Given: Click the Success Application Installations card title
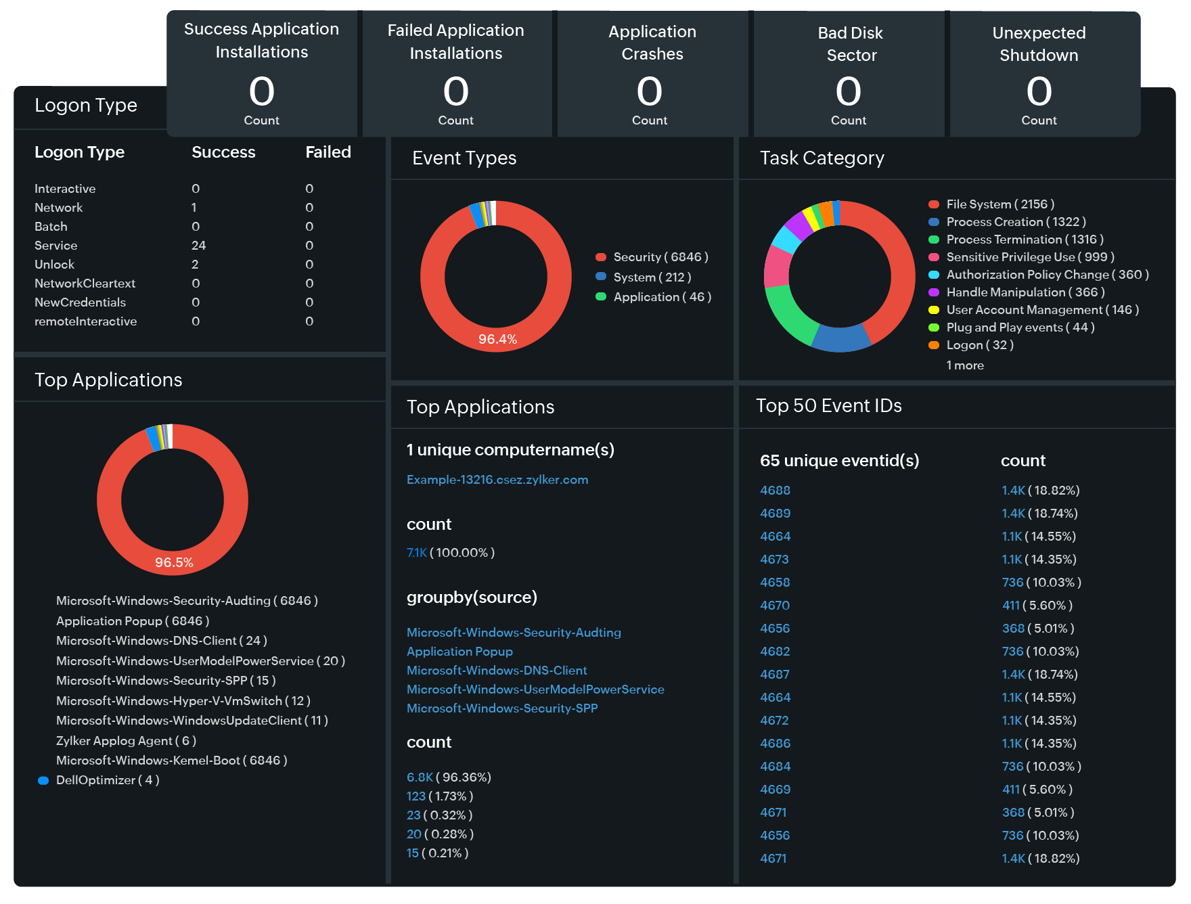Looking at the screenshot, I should click(x=261, y=41).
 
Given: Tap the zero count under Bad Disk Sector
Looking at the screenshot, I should click(x=848, y=92).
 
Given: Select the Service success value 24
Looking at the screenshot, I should click(x=198, y=246).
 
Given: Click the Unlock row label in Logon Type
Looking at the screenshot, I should click(x=54, y=265).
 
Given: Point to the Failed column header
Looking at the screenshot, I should click(x=328, y=152).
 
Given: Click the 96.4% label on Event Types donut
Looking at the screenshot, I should click(x=497, y=339).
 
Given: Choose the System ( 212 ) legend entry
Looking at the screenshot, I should click(x=652, y=277).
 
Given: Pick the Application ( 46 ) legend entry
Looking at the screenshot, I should click(x=661, y=297).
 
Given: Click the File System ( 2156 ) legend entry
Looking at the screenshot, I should click(x=999, y=204).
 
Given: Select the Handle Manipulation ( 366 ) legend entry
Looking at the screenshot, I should click(x=1025, y=292).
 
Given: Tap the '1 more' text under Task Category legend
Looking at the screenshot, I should click(x=965, y=365).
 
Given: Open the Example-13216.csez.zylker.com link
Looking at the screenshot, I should click(x=497, y=480).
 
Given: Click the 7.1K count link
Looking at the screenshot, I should click(x=417, y=553).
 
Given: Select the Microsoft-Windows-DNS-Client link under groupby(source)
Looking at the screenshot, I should click(x=496, y=671).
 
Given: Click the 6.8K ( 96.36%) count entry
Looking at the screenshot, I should click(x=449, y=777).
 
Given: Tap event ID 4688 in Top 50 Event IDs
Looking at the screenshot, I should click(x=775, y=491).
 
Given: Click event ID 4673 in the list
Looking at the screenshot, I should click(x=774, y=560).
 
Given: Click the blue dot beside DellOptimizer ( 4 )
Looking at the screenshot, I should click(x=43, y=781).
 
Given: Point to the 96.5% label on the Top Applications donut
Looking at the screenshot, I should click(x=174, y=562).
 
